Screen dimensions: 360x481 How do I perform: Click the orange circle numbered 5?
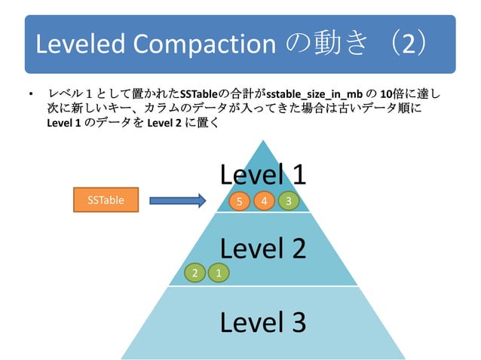point(240,201)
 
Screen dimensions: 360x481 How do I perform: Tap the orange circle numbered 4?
point(264,201)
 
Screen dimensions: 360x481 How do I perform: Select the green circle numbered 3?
point(288,201)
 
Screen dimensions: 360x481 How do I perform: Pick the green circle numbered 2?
point(195,273)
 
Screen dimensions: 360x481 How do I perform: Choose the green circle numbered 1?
point(219,273)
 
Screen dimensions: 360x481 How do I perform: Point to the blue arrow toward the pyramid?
point(177,200)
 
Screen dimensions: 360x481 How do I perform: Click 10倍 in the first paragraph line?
point(392,94)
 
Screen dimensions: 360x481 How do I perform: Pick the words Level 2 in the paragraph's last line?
point(167,121)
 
